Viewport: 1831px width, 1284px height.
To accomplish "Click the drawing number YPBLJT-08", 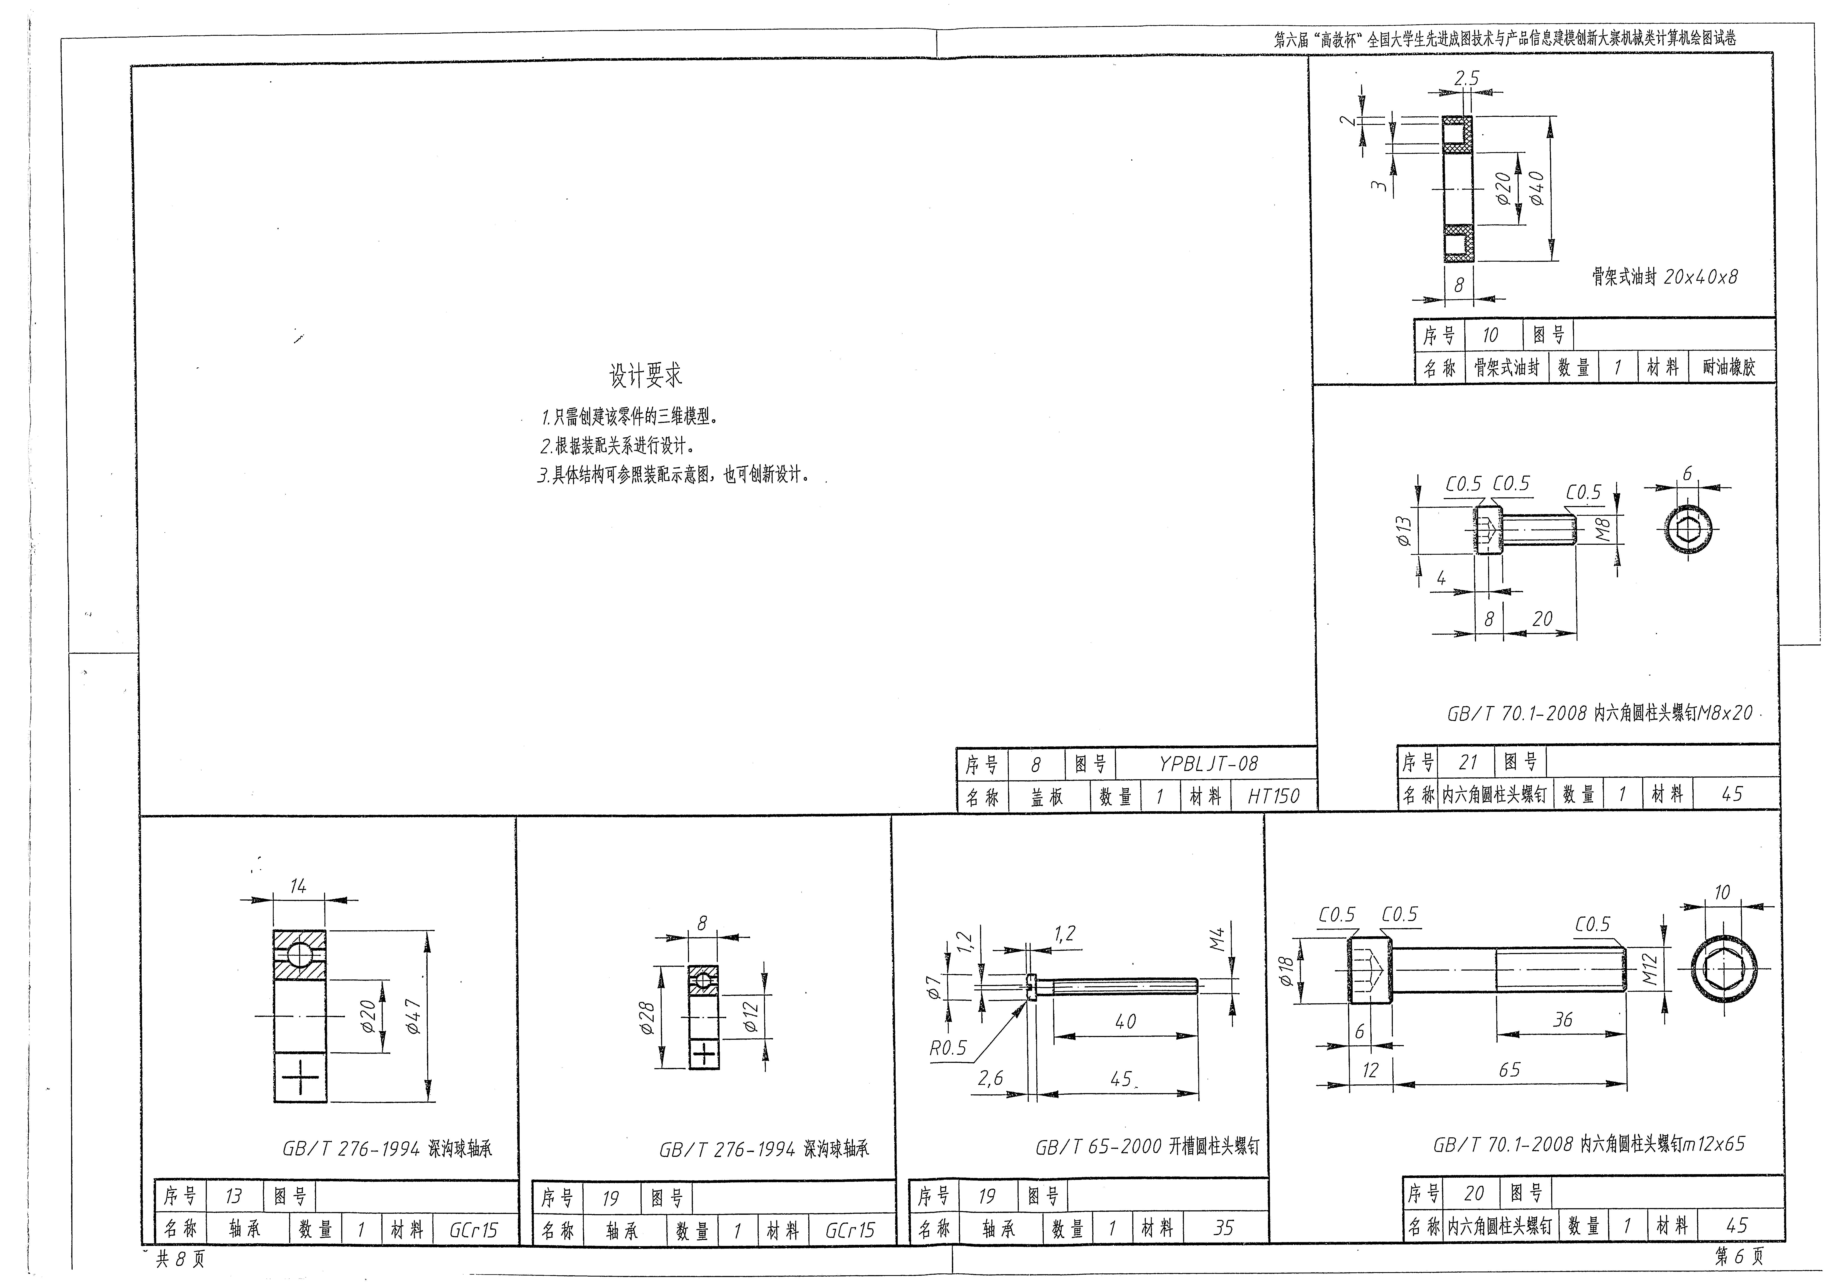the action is [1208, 764].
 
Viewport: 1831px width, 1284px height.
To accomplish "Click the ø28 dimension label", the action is [647, 1018].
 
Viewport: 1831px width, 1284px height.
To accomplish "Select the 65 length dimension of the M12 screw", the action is [1510, 1069].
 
